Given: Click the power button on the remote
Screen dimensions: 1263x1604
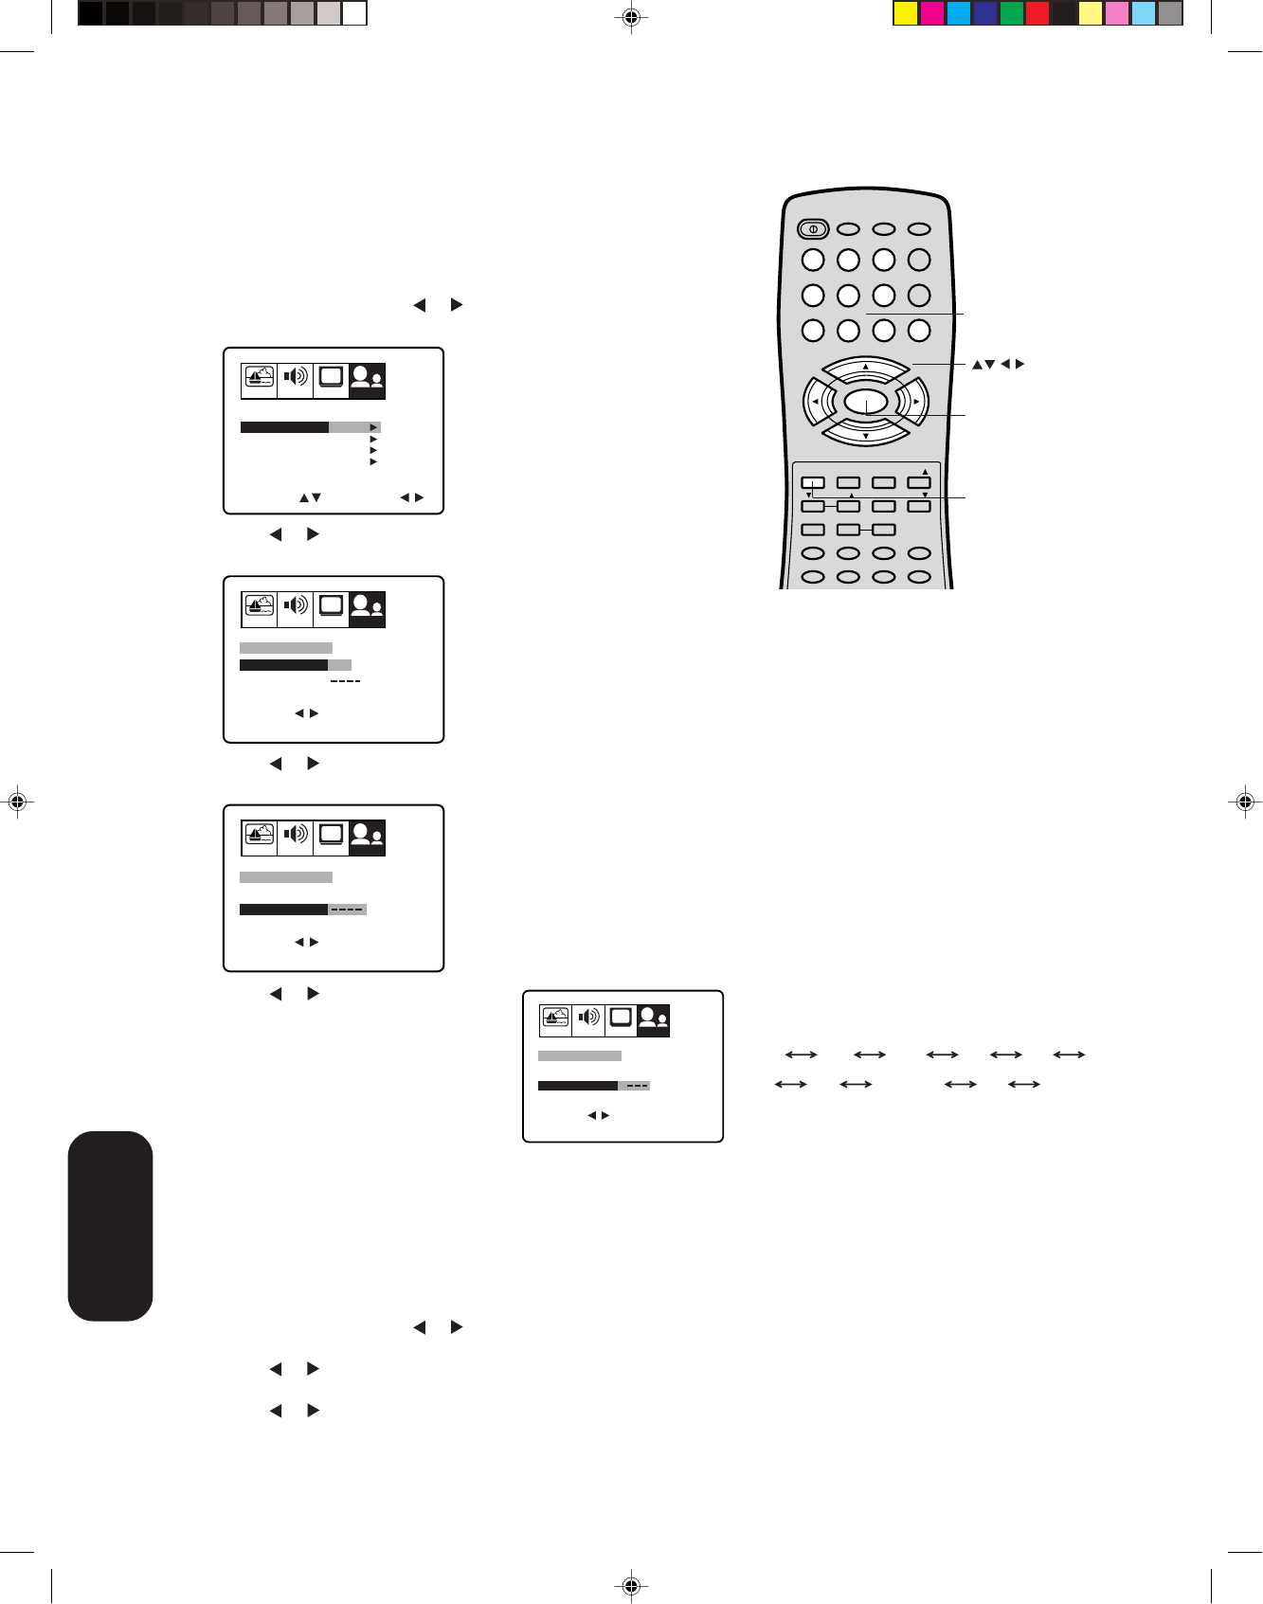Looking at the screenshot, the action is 813,228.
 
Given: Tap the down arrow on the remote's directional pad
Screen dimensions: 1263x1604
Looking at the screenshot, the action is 866,435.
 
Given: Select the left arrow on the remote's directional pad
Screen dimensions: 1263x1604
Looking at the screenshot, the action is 815,402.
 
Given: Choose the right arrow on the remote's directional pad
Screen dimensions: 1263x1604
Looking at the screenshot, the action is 915,402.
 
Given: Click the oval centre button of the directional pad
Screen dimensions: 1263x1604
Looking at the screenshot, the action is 866,403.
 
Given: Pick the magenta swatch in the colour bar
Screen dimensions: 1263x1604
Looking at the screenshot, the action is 932,13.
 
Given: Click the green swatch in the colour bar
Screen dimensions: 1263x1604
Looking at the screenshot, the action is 1012,13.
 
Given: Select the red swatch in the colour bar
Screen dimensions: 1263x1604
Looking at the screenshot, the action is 1037,13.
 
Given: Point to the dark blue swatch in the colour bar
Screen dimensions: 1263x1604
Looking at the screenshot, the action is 985,13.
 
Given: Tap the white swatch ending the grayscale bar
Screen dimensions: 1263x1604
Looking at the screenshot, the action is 354,13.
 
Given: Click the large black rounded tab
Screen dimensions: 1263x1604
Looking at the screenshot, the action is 111,1225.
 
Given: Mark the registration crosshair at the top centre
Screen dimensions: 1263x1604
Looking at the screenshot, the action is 631,17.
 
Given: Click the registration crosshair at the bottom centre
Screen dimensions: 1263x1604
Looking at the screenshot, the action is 631,1585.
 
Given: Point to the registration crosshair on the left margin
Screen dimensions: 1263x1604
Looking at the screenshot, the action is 16,802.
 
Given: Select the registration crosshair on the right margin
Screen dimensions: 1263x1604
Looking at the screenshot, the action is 1245,802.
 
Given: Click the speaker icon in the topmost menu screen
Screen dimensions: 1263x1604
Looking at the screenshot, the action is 296,377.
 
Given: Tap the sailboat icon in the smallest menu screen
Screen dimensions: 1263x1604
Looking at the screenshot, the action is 556,1018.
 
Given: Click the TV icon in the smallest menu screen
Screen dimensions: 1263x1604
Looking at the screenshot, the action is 621,1018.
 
